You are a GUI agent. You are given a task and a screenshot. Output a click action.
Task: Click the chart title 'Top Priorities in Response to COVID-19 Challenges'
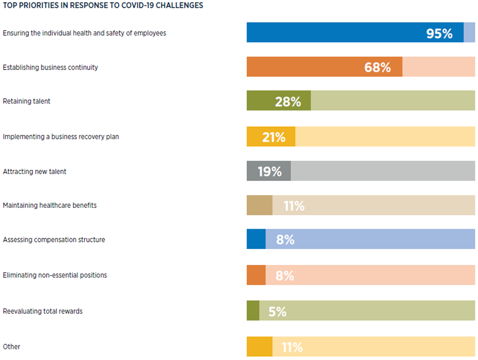coord(103,6)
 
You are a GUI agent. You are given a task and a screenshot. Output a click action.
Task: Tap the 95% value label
coord(439,33)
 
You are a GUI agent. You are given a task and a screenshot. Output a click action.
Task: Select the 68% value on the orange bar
coord(377,67)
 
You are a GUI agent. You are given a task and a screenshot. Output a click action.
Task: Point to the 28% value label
coord(288,102)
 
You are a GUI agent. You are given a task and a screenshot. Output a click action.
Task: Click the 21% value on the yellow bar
coord(274,137)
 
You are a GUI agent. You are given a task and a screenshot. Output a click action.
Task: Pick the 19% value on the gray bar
coord(270,172)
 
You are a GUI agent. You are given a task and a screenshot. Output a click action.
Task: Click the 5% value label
coord(277,311)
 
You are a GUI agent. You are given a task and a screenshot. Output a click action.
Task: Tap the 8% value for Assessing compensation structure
coord(285,240)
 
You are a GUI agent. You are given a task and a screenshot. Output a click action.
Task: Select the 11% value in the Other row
coord(292,347)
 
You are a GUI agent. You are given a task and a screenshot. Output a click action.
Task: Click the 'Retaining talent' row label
coord(26,102)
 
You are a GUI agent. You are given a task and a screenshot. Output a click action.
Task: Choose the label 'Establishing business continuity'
coord(50,67)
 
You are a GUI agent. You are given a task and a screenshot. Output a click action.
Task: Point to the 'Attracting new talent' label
coord(34,172)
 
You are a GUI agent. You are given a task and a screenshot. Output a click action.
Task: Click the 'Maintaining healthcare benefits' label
coord(50,206)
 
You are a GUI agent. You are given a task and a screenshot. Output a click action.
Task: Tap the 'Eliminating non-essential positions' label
coord(55,275)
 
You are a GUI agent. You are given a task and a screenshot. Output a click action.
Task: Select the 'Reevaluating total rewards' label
coord(43,311)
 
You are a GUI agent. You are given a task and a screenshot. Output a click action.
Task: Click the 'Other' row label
coord(12,347)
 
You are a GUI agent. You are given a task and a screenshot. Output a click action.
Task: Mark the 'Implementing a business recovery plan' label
coord(61,137)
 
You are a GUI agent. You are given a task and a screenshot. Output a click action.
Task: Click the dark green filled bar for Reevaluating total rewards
coord(253,311)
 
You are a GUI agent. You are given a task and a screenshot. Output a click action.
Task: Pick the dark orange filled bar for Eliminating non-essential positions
coord(256,275)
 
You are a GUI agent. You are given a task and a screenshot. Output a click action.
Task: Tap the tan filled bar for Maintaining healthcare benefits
coord(259,206)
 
